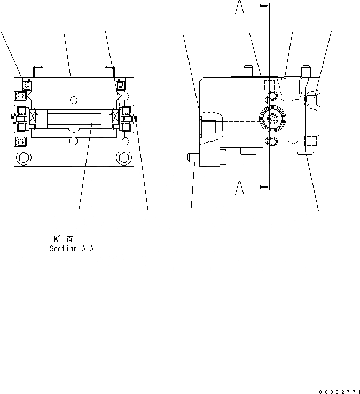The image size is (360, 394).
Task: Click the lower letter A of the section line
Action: [x=240, y=187]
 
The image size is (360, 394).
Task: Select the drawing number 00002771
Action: [x=339, y=392]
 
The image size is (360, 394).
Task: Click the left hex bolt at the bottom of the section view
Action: [x=23, y=157]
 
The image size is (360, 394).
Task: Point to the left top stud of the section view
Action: [x=38, y=71]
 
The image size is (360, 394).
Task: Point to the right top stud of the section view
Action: [x=110, y=71]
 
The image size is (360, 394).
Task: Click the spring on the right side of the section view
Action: [x=136, y=121]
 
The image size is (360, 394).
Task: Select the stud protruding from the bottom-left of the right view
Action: [x=193, y=158]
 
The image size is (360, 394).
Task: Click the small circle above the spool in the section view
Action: [x=74, y=99]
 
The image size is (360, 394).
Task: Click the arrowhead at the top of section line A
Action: [x=263, y=6]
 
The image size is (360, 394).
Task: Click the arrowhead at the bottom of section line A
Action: [x=263, y=187]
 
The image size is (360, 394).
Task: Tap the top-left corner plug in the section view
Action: [x=27, y=83]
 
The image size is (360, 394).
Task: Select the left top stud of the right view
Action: [x=248, y=72]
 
